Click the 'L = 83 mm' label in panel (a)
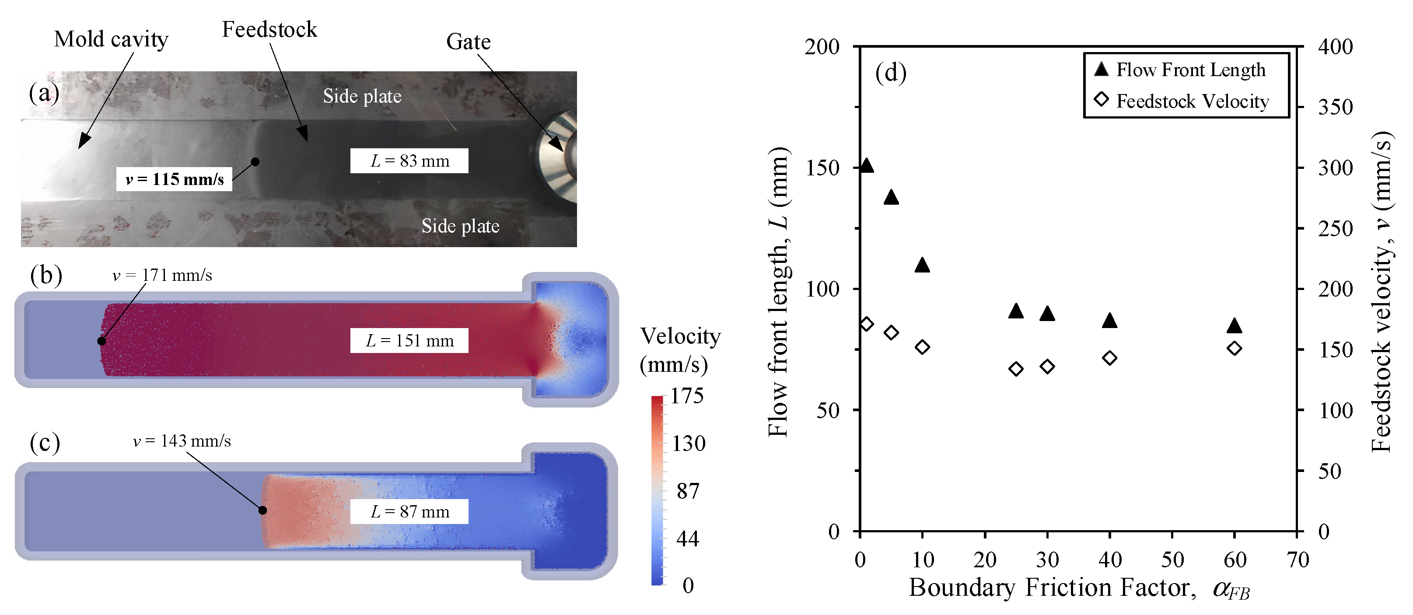point(409,161)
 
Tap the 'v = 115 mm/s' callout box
point(174,179)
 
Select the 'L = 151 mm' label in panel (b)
point(409,341)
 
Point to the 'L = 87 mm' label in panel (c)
point(409,512)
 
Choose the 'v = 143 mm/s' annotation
point(182,441)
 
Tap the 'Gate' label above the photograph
point(468,42)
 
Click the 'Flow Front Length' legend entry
point(1190,70)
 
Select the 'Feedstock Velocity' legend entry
point(1192,101)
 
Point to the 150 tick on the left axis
point(822,168)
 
